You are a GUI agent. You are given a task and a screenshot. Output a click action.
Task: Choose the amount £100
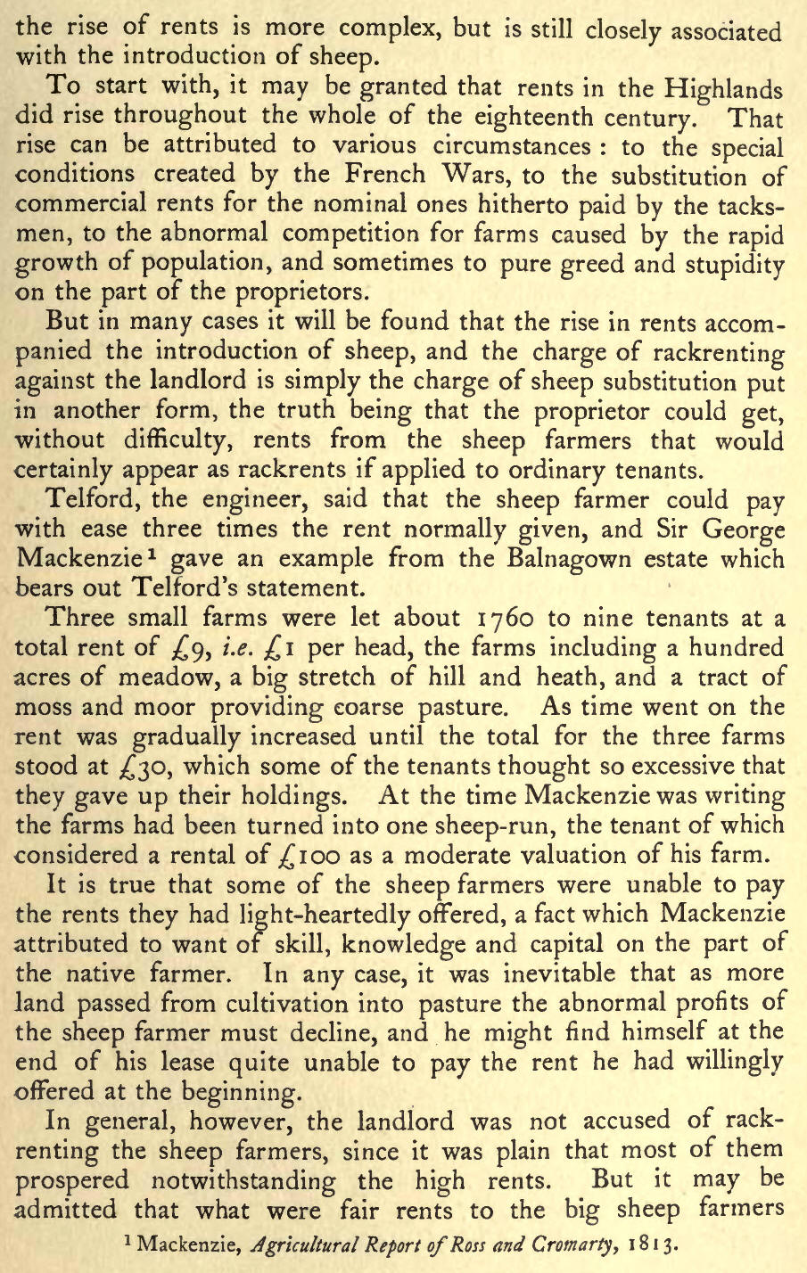pos(336,854)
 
